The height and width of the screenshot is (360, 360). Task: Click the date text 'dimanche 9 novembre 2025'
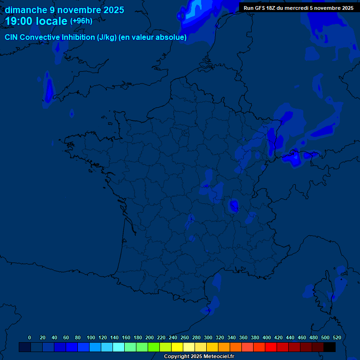pyautogui.click(x=65, y=10)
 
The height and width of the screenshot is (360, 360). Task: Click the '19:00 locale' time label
pyautogui.click(x=37, y=21)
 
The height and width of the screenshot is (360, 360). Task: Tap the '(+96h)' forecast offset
pyautogui.click(x=81, y=21)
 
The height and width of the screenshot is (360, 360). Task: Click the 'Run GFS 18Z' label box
pyautogui.click(x=299, y=8)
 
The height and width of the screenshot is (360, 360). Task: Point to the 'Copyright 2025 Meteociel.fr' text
pyautogui.click(x=199, y=357)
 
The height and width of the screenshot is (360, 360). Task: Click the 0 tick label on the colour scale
pyautogui.click(x=30, y=337)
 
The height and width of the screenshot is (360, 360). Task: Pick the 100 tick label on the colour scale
pyautogui.click(x=90, y=337)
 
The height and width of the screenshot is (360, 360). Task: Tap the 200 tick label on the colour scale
pyautogui.click(x=149, y=337)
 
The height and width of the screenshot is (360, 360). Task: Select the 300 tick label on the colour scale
pyautogui.click(x=208, y=337)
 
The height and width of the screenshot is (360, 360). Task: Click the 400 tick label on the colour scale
pyautogui.click(x=266, y=337)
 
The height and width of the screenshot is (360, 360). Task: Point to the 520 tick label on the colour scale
pyautogui.click(x=337, y=337)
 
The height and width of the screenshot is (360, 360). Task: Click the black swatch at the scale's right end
pyautogui.click(x=330, y=347)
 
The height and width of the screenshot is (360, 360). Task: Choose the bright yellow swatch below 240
pyautogui.click(x=177, y=347)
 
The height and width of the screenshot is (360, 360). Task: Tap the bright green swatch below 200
pyautogui.click(x=154, y=347)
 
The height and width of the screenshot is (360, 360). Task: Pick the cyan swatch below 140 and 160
pyautogui.click(x=119, y=347)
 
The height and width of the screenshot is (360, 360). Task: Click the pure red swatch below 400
pyautogui.click(x=271, y=347)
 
